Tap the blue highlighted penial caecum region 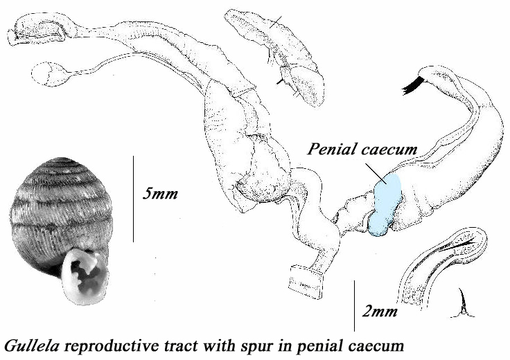pos(385,204)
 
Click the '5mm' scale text pos(160,193)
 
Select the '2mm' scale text pos(381,313)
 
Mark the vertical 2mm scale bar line pos(355,305)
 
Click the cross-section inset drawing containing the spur pos(443,263)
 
